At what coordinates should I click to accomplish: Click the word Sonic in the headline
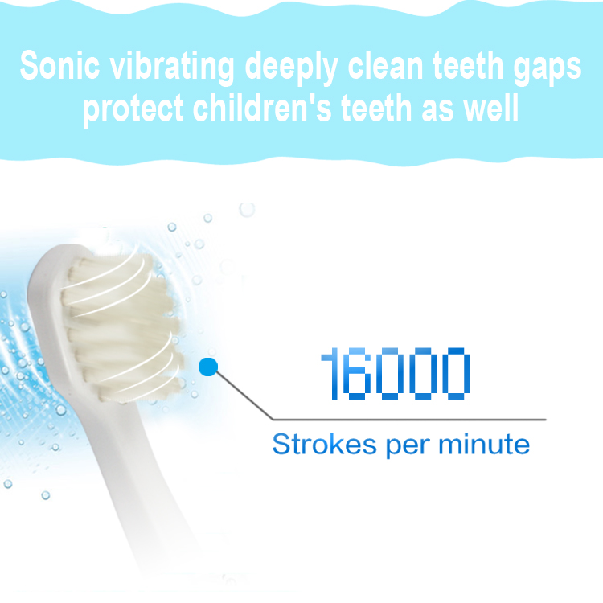[59, 65]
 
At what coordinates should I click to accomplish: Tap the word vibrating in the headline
[172, 68]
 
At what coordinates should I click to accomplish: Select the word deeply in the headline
[292, 68]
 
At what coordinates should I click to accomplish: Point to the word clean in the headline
[386, 66]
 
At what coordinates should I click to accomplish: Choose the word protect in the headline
[133, 110]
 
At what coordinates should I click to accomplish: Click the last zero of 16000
[456, 373]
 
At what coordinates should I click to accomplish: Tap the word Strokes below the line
[324, 444]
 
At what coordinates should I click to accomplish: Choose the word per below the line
[407, 447]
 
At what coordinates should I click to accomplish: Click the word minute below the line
[484, 444]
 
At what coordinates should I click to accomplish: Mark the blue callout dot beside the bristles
[208, 367]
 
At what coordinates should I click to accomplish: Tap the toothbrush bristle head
[121, 327]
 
